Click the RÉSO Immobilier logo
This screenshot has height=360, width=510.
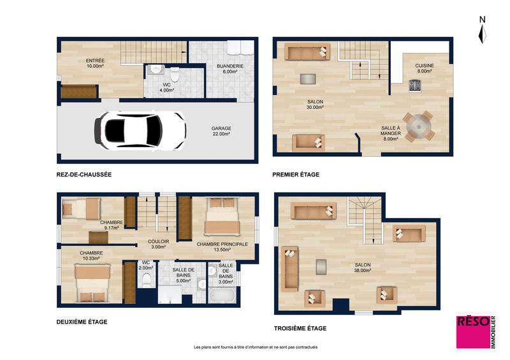(x=476, y=331)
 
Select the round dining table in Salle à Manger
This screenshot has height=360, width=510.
(x=418, y=126)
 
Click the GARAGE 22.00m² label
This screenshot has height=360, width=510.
(x=222, y=131)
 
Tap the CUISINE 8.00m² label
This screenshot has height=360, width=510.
(x=424, y=68)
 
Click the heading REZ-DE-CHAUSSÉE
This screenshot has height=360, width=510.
(x=84, y=174)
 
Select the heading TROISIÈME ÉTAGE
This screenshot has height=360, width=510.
(x=300, y=328)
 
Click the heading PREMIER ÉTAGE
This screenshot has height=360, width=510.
(x=296, y=174)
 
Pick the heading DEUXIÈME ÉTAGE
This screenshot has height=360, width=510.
(x=82, y=322)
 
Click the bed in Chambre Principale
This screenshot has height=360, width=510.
(x=221, y=218)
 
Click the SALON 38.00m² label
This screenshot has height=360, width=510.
(x=361, y=267)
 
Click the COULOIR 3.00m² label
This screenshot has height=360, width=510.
(x=158, y=245)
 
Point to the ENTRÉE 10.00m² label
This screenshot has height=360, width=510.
(x=95, y=63)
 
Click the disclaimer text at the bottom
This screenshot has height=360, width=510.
(x=255, y=347)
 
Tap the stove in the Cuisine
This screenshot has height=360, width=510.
(x=415, y=86)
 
